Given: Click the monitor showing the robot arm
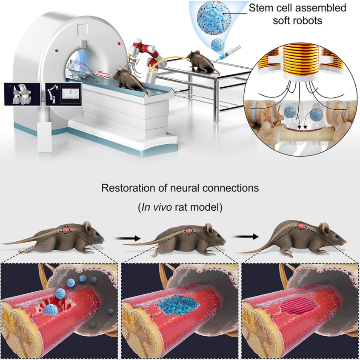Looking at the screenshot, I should click(x=63, y=94).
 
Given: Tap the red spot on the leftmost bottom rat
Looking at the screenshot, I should click(x=66, y=230).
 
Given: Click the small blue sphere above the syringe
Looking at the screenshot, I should click(x=217, y=44).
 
